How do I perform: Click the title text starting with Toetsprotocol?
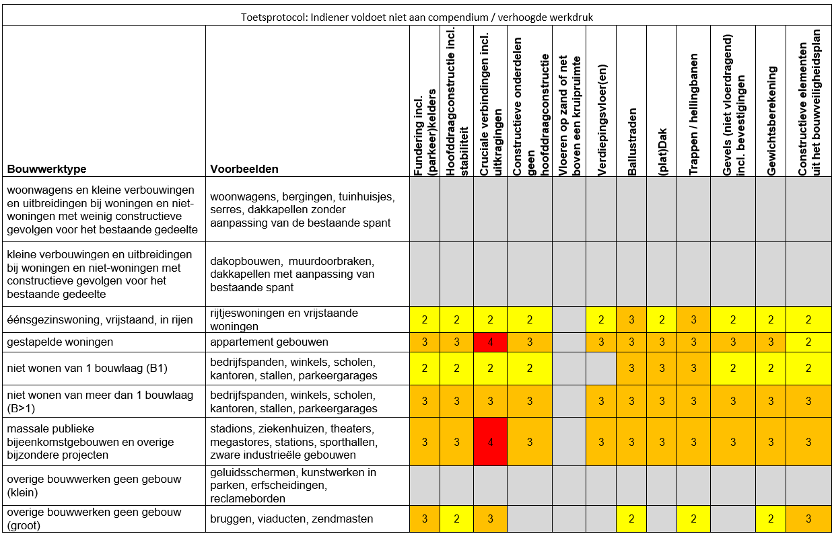417,17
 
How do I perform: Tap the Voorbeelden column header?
244,169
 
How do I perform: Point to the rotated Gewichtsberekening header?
771,121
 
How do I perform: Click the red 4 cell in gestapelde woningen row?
489,342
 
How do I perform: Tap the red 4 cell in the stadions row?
489,442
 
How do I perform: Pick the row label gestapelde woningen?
61,342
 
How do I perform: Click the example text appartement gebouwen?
269,342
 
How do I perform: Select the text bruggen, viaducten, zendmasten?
291,519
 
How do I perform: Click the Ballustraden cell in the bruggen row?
631,519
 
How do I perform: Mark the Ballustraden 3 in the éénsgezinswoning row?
631,319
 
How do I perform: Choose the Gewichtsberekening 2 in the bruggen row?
771,519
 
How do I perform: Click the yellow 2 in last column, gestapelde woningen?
808,342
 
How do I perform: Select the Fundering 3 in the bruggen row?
425,519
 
